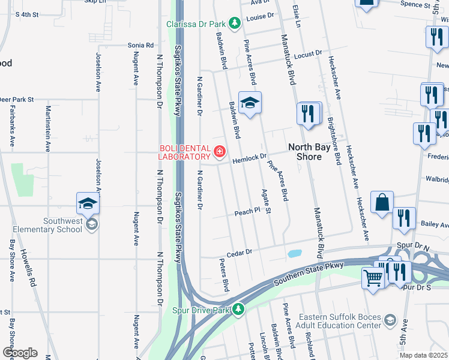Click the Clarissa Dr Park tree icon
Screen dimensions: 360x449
pyautogui.click(x=235, y=24)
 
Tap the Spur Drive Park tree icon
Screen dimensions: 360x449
pyautogui.click(x=239, y=310)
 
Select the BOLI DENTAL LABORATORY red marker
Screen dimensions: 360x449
pyautogui.click(x=220, y=151)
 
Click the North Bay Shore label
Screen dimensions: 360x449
pyautogui.click(x=313, y=152)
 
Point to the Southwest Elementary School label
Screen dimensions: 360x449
pyautogui.click(x=55, y=225)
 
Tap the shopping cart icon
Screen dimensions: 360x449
pyautogui.click(x=373, y=278)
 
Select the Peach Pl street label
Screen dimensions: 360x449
pyautogui.click(x=247, y=212)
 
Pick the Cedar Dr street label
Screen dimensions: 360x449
pyautogui.click(x=238, y=253)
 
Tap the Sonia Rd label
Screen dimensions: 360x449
pyautogui.click(x=140, y=45)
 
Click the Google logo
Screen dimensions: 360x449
pyautogui.click(x=20, y=353)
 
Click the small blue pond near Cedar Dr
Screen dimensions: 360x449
pyautogui.click(x=294, y=253)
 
